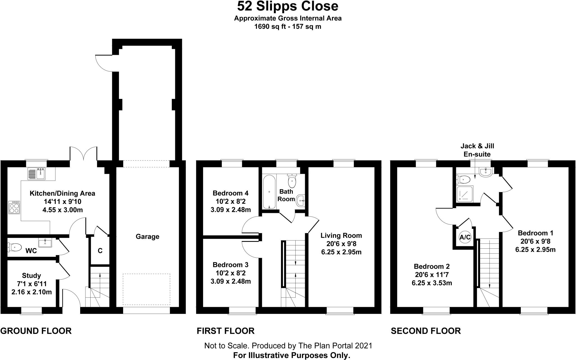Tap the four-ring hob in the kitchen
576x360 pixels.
(14, 207)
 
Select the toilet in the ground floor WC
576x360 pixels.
(15, 247)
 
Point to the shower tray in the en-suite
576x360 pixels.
(465, 194)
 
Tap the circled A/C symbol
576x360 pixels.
(465, 237)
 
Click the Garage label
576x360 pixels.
(147, 237)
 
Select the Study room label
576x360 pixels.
(31, 276)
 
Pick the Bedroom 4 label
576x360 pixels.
(231, 193)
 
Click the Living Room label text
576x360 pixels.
(341, 235)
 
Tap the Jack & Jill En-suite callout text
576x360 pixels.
(477, 150)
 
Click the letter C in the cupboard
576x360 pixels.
(100, 251)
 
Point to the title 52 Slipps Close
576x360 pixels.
(288, 6)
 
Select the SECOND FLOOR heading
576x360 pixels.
(426, 331)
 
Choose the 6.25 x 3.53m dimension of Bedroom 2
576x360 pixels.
(432, 283)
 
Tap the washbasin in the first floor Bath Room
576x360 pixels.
(301, 201)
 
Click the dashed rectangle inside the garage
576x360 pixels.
(147, 289)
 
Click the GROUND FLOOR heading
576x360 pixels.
(36, 331)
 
